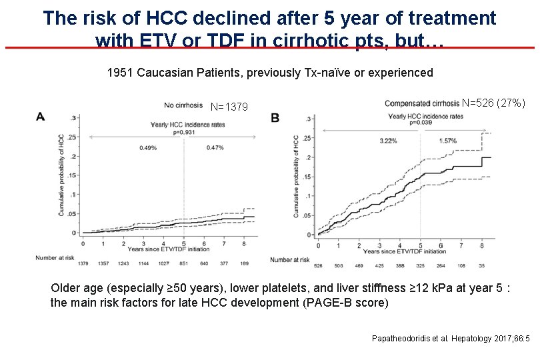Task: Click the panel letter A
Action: pos(41,116)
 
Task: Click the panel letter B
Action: pos(275,117)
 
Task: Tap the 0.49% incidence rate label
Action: pos(148,147)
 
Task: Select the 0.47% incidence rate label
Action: pos(215,147)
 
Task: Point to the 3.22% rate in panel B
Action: pos(388,141)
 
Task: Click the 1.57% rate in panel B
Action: pos(448,141)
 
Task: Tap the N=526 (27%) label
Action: pos(493,103)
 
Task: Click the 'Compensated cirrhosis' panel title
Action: pos(422,103)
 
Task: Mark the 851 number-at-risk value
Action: pos(183,263)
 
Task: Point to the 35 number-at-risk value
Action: pos(482,266)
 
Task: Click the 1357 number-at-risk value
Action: pos(103,263)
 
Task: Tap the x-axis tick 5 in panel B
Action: pos(421,245)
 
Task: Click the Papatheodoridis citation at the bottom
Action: pos(450,339)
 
